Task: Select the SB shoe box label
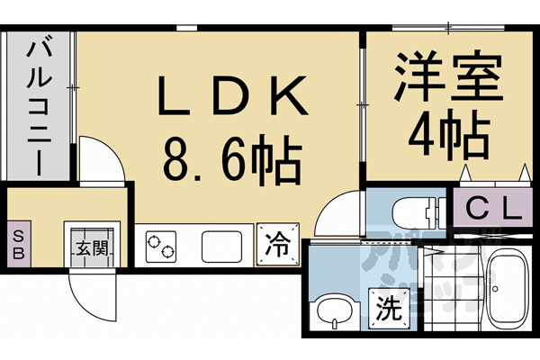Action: (18, 242)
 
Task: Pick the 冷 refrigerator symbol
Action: (278, 244)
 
